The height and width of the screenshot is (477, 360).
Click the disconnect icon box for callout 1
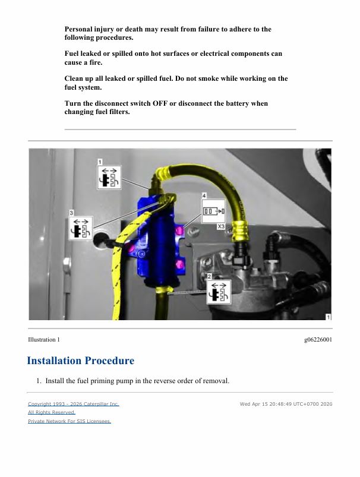click(109, 178)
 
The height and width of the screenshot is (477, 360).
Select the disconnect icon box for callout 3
click(81, 229)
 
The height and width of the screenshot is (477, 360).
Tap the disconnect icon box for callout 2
click(219, 292)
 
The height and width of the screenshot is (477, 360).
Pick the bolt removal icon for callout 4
click(214, 211)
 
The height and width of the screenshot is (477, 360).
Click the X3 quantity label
click(221, 227)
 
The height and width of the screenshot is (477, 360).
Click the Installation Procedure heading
click(81, 361)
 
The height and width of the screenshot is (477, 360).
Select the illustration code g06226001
click(318, 340)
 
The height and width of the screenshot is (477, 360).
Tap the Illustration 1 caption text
click(44, 340)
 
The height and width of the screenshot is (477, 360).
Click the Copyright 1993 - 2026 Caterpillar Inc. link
click(74, 404)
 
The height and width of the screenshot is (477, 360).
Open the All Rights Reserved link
click(52, 412)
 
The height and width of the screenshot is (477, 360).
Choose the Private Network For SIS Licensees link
click(70, 421)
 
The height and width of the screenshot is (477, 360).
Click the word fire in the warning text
click(95, 62)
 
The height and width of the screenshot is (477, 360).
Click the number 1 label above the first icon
click(100, 162)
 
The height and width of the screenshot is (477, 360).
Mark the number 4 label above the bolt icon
click(204, 195)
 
